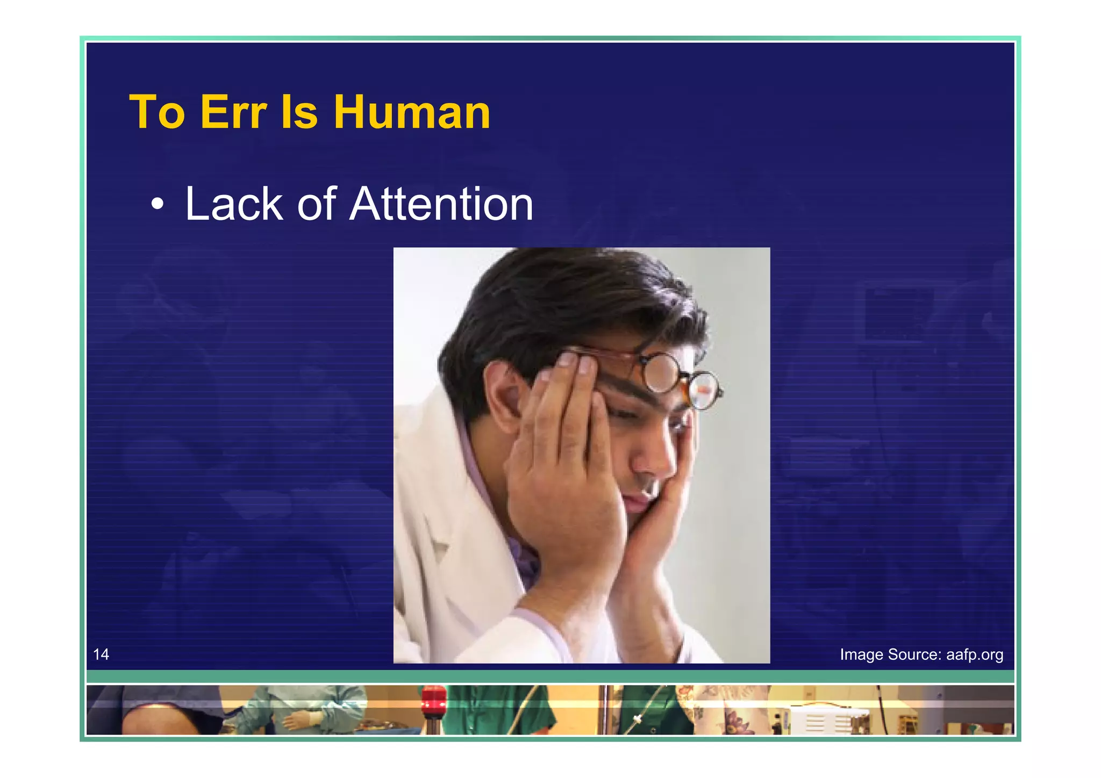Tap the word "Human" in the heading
coord(411,112)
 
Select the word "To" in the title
coord(157,112)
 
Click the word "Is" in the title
coord(299,112)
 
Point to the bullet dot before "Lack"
coord(157,204)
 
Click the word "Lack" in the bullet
coord(234,204)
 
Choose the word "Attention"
coord(441,204)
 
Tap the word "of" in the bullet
coord(317,204)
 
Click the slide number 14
coord(101,654)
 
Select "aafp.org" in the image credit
coord(974,654)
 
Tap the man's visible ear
coord(503,395)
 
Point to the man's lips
coord(640,502)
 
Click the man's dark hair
coord(564,301)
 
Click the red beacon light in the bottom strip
coord(433,701)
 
